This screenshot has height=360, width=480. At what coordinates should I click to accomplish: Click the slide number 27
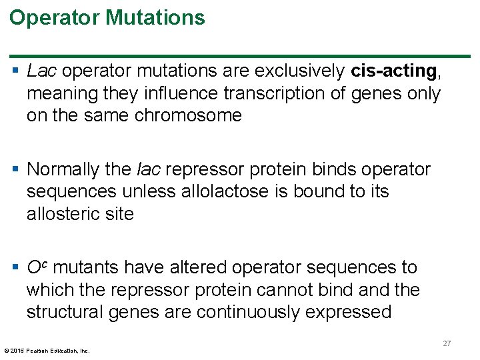click(x=447, y=343)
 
